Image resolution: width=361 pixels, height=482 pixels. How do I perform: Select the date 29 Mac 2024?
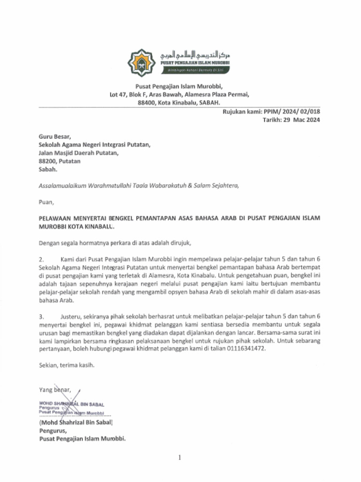click(x=301, y=120)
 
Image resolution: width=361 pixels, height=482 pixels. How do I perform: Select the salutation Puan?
click(x=46, y=202)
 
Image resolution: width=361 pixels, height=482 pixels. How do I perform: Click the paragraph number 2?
click(x=41, y=259)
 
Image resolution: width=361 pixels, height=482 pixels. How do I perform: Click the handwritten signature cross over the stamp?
click(x=71, y=406)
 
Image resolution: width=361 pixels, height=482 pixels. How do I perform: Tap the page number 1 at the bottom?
click(x=180, y=458)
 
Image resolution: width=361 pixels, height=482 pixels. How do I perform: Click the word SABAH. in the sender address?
click(x=210, y=103)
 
